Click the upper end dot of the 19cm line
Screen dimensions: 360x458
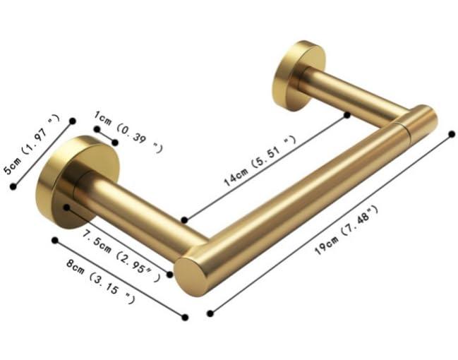point(452,133)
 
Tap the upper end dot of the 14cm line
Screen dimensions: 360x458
point(346,114)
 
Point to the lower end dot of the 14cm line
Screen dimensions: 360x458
point(183,220)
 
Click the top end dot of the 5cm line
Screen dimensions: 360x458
point(72,121)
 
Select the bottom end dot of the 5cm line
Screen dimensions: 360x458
point(12,186)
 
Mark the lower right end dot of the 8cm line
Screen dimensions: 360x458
point(185,317)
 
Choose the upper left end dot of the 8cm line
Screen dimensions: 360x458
point(54,239)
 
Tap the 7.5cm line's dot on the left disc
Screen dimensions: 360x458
point(65,208)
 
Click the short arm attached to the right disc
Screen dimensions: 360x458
point(353,98)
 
